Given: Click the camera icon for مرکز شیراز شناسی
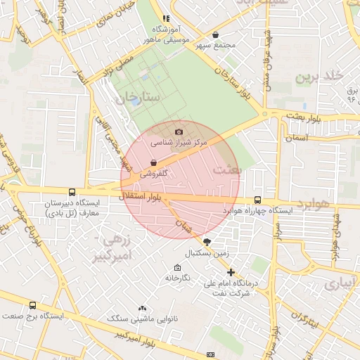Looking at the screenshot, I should [179, 131].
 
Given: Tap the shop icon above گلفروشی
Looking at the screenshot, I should [153, 162].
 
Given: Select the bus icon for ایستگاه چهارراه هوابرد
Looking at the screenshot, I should [257, 200].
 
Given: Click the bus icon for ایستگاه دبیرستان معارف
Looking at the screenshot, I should [72, 192].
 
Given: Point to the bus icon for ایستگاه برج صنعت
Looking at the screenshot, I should [32, 305].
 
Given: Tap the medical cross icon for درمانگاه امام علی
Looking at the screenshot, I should [231, 272].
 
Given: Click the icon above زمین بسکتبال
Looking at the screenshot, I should [206, 241].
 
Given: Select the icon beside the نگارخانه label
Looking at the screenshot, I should [177, 268].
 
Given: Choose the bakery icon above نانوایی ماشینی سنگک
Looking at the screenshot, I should [143, 308].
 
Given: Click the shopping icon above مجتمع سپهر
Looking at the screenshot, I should [215, 34].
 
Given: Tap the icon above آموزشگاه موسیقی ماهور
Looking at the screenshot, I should [166, 19].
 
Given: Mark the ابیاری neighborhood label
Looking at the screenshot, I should [340, 283].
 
